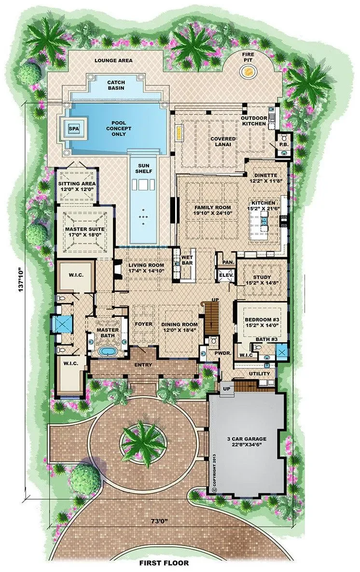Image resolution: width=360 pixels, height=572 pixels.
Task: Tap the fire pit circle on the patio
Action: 248,70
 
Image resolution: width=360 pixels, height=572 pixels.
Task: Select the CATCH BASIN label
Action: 116,85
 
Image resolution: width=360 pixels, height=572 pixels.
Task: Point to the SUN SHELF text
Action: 143,168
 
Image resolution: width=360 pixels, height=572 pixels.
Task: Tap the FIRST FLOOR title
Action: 164,563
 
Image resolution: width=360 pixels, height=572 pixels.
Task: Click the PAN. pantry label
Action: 228,262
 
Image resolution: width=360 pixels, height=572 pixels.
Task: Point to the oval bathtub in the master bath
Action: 107,351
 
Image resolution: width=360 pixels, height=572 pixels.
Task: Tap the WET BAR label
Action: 187,260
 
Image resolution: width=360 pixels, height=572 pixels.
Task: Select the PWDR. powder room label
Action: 221,353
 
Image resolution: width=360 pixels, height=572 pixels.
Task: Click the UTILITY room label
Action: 259,374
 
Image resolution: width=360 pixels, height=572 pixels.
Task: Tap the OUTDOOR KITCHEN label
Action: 254,121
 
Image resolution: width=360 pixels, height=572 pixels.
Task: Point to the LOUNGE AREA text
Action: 113,60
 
